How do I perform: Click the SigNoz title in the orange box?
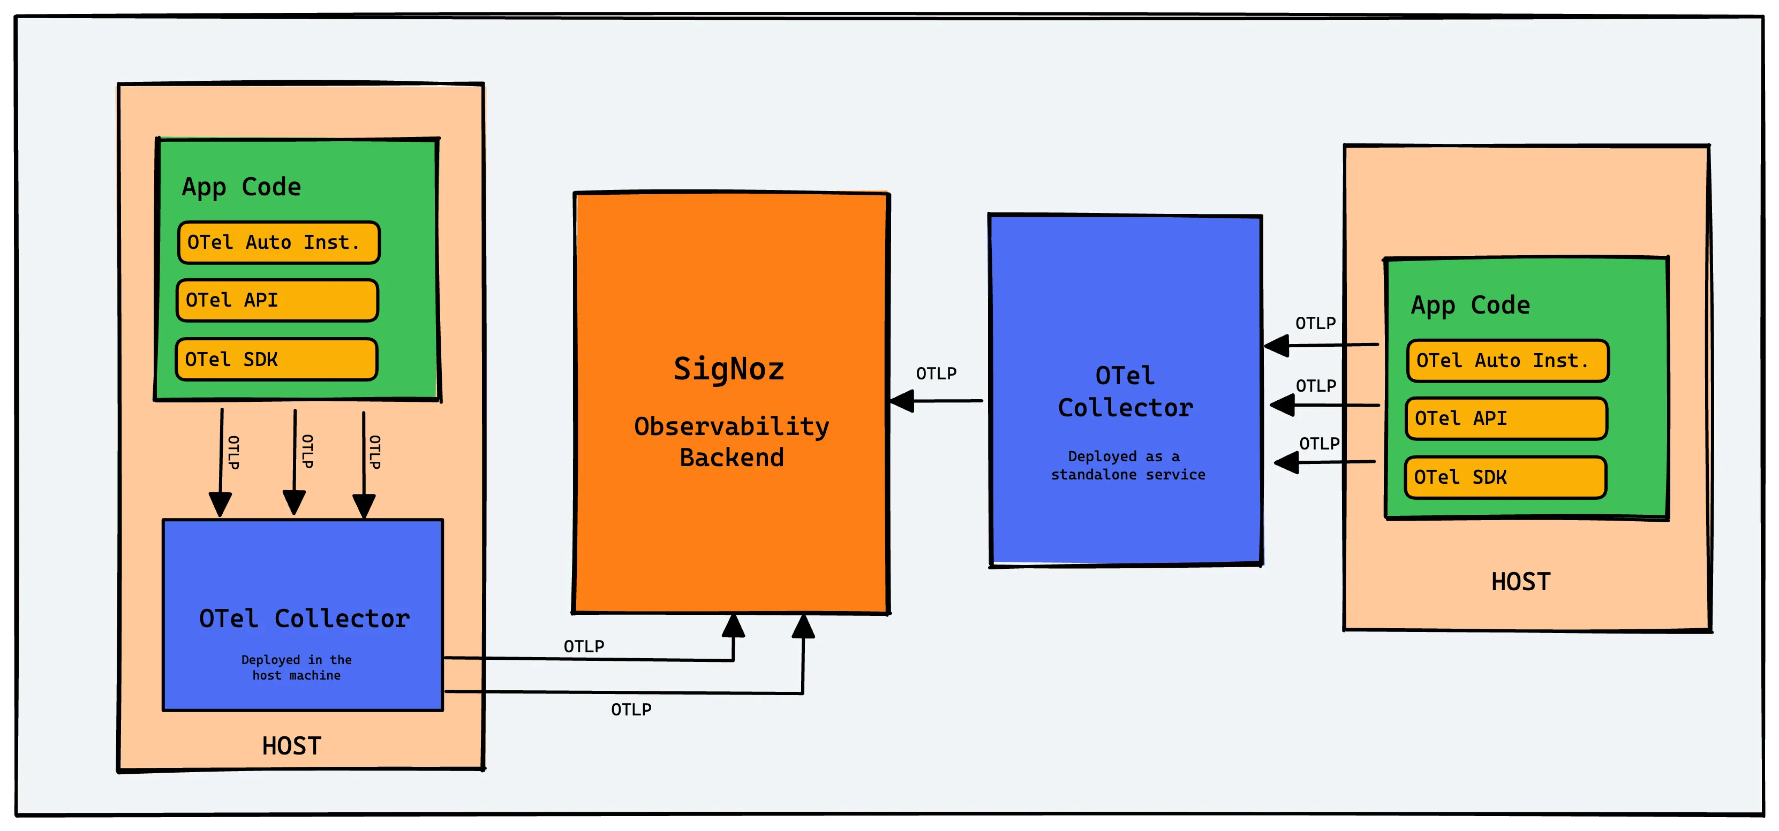point(729,369)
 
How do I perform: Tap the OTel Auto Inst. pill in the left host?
point(278,242)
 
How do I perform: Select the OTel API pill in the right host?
point(1506,418)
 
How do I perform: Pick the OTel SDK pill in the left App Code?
point(276,359)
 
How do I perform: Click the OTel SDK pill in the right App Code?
point(1505,477)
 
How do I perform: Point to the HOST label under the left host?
point(291,746)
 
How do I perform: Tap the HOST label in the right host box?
point(1521,582)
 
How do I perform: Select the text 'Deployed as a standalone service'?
point(1128,465)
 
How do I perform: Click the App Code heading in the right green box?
point(1471,305)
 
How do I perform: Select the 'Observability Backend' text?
point(732,442)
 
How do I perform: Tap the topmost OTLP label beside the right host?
point(1315,323)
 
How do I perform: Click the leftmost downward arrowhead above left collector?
point(220,505)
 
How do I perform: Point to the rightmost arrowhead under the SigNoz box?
point(803,626)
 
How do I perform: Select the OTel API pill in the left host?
point(277,300)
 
